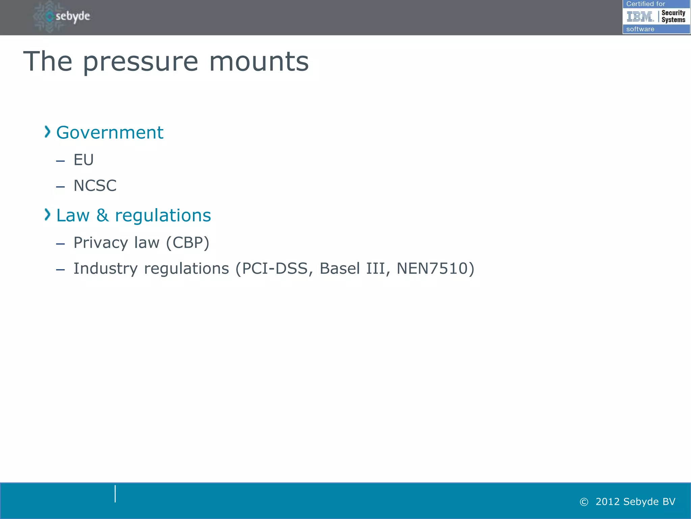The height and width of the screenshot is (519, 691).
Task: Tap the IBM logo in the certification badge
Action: (640, 16)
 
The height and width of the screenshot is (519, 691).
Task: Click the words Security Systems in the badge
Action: (673, 16)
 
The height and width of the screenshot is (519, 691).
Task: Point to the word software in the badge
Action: (640, 29)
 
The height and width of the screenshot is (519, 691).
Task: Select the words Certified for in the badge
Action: (645, 4)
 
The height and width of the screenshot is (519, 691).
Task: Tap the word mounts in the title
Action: (259, 62)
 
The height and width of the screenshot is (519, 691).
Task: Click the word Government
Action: (110, 132)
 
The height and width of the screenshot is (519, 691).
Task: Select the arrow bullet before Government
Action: (48, 132)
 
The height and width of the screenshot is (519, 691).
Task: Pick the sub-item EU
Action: (83, 160)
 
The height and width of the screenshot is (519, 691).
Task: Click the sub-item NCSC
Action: (95, 186)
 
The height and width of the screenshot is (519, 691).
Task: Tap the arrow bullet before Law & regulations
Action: (48, 215)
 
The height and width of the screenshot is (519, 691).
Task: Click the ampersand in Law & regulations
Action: (103, 215)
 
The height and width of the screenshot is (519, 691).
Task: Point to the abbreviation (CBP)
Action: (188, 243)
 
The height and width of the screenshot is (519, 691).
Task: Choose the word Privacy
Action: (101, 243)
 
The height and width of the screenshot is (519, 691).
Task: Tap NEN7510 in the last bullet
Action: (432, 269)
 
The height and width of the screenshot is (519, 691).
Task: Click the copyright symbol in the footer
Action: (584, 502)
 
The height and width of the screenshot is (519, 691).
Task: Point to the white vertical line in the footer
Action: (115, 494)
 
